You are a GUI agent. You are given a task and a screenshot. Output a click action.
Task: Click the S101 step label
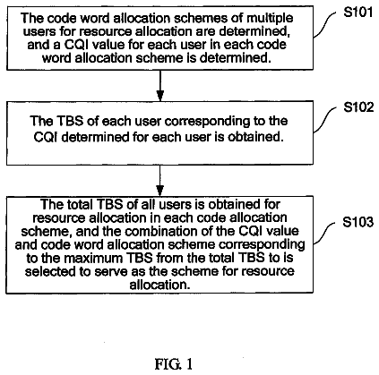(358, 13)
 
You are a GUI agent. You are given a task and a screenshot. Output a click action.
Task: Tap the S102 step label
(358, 107)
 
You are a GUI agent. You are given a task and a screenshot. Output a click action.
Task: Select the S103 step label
(357, 222)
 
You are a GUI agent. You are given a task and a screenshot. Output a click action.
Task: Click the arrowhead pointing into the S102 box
(160, 96)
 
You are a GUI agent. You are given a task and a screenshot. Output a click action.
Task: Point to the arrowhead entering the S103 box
(160, 191)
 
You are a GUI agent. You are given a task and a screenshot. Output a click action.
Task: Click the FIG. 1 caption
(174, 364)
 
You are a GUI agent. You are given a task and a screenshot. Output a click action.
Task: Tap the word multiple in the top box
(270, 19)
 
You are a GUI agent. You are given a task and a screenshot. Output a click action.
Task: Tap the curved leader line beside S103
(323, 233)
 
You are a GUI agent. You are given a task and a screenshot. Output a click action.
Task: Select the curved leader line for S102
(324, 120)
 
